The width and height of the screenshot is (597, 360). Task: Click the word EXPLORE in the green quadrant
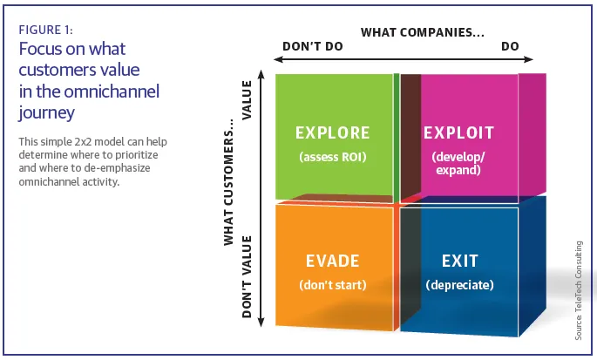(333, 133)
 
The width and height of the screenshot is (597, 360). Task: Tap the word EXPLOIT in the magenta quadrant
(458, 133)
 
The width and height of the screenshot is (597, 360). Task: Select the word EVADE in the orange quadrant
(332, 261)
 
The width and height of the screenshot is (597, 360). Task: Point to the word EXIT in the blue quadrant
(459, 261)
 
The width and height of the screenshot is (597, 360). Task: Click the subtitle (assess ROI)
(333, 157)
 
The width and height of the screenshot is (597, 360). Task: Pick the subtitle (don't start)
(332, 285)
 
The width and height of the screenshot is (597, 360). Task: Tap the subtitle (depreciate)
(459, 285)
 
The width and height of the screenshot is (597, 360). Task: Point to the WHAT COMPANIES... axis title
(423, 33)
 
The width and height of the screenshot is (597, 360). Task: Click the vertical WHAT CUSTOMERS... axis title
(230, 182)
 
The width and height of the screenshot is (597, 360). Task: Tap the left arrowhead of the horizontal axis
(278, 60)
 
